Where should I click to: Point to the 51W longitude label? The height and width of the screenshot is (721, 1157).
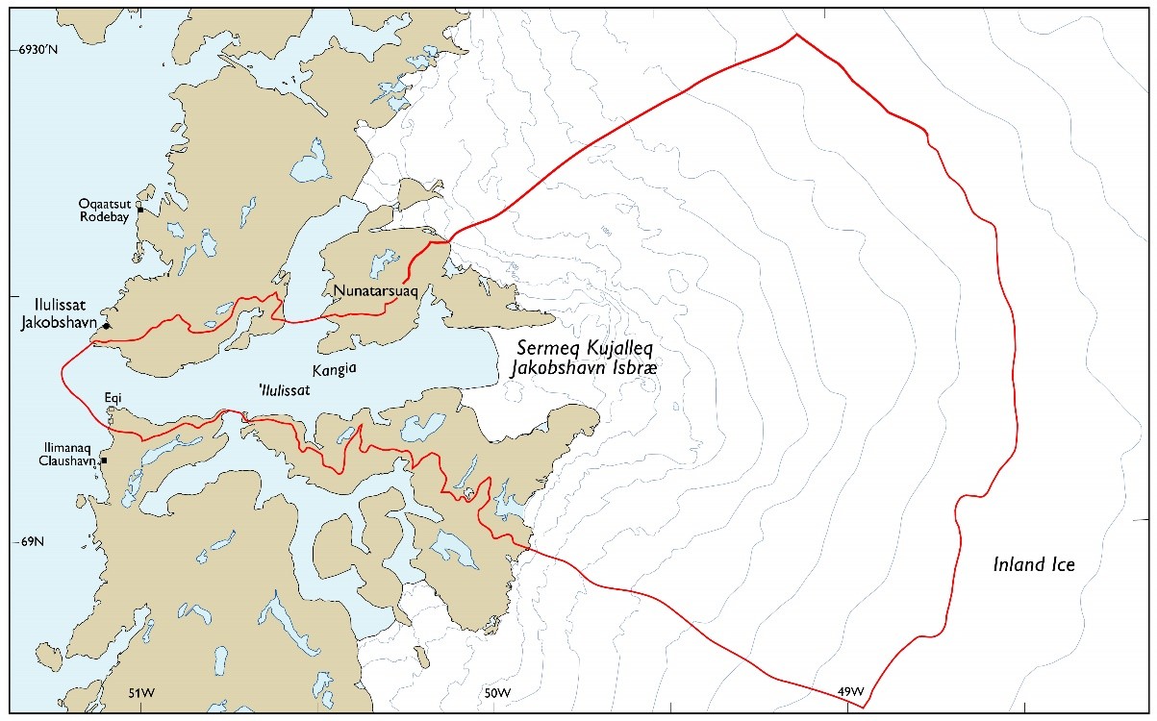pyautogui.click(x=141, y=692)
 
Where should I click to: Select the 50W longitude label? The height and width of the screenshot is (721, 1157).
pyautogui.click(x=496, y=692)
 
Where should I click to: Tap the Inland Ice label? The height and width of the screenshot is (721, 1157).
pyautogui.click(x=1033, y=565)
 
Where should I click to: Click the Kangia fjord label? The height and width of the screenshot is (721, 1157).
pyautogui.click(x=331, y=369)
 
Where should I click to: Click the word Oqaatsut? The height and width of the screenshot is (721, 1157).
pyautogui.click(x=107, y=203)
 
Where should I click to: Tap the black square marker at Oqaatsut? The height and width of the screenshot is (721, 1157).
pyautogui.click(x=139, y=210)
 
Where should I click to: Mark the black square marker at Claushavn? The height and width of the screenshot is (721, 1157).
pyautogui.click(x=104, y=460)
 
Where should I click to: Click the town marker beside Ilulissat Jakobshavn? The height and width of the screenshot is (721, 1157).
pyautogui.click(x=106, y=326)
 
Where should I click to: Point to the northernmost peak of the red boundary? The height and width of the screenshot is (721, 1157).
pyautogui.click(x=796, y=35)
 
